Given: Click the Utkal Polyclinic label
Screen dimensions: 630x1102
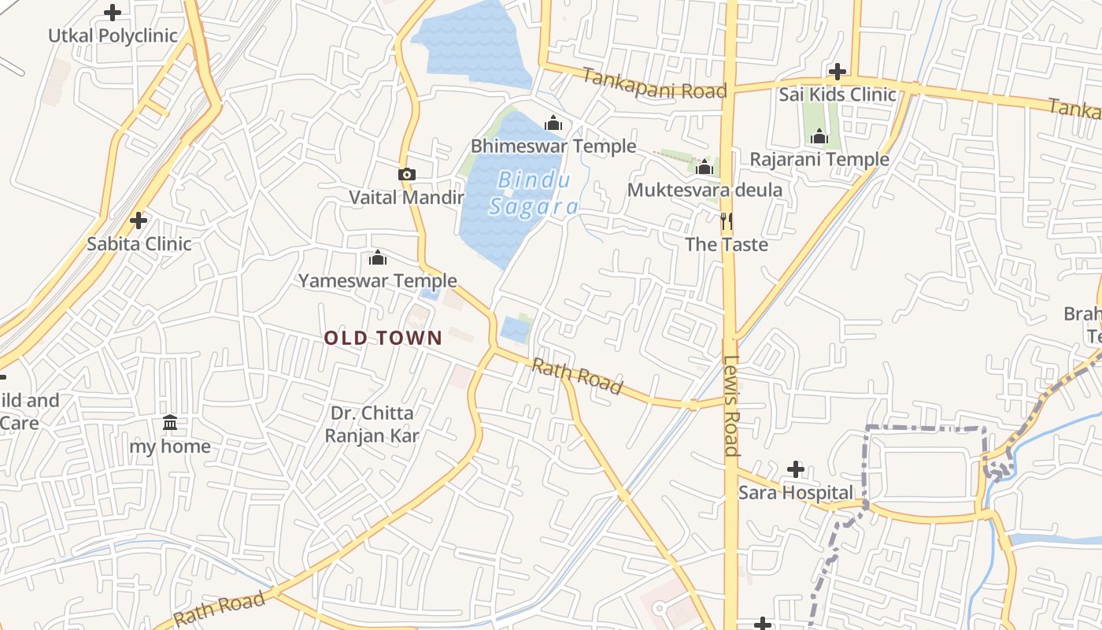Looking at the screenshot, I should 113,35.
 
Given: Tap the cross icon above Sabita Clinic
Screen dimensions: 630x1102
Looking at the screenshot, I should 139,220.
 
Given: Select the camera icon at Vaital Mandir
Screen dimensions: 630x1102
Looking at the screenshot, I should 406,174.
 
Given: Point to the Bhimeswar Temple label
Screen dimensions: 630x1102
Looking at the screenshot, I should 553,146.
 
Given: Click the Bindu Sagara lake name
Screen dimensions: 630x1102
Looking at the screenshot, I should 534,194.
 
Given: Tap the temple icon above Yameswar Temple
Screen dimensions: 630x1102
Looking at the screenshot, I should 378,258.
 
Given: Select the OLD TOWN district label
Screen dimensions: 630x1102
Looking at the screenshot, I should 383,338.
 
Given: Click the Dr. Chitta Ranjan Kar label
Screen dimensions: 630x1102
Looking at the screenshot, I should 372,424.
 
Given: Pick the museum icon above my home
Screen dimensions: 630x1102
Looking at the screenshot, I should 170,423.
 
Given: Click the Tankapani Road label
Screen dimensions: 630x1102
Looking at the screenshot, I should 654,83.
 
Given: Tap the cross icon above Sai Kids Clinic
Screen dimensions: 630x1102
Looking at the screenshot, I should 838,72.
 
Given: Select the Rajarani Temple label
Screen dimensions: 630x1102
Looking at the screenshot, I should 819,159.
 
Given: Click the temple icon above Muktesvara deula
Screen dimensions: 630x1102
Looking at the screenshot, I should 704,167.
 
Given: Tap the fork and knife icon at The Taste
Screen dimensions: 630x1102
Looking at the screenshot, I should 727,221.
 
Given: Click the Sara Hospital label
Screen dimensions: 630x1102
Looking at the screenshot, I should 795,493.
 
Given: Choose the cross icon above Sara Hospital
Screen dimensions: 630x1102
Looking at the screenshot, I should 796,470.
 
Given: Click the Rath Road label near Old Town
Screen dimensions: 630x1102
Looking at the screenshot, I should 577,376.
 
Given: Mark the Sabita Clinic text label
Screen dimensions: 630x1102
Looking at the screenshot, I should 139,243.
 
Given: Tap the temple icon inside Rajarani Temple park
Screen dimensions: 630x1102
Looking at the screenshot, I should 819,137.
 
